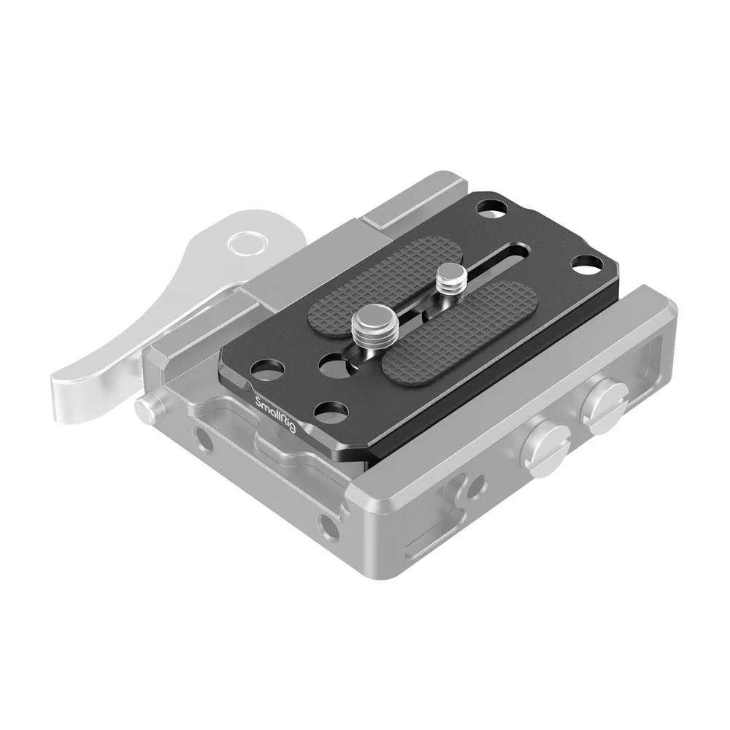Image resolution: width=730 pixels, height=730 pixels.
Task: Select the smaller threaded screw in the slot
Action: click(x=447, y=281)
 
